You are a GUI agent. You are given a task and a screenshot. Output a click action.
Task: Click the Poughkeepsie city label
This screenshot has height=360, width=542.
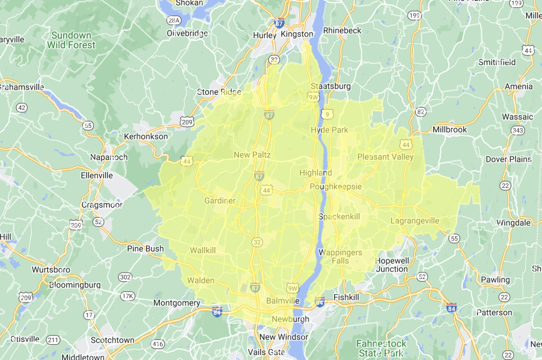pyautogui.click(x=336, y=186)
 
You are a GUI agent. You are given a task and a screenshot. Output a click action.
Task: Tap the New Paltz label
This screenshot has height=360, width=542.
pyautogui.click(x=252, y=155)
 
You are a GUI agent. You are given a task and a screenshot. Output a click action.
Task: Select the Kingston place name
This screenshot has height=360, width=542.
pyautogui.click(x=297, y=34)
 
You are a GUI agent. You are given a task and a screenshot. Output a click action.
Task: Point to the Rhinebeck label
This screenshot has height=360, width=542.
pyautogui.click(x=342, y=30)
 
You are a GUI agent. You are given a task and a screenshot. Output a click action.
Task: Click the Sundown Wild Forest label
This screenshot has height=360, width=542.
pyautogui.click(x=71, y=40)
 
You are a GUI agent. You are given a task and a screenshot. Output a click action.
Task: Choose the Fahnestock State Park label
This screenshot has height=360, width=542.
pyautogui.click(x=381, y=348)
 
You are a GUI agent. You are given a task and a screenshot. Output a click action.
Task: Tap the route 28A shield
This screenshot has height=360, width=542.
pyautogui.click(x=174, y=20)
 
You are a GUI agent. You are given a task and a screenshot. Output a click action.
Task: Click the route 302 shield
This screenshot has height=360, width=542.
pyautogui.click(x=125, y=277)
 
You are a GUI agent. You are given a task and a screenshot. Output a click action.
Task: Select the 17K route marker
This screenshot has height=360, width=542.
pyautogui.click(x=127, y=296)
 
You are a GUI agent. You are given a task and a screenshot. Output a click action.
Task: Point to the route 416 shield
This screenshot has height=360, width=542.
pyautogui.click(x=158, y=344)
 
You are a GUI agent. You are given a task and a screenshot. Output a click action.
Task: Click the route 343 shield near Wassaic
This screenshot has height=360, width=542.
pyautogui.click(x=518, y=130)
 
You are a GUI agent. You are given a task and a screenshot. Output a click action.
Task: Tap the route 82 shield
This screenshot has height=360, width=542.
pyautogui.click(x=420, y=112)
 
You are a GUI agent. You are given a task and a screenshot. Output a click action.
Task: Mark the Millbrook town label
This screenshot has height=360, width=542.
pyautogui.click(x=450, y=130)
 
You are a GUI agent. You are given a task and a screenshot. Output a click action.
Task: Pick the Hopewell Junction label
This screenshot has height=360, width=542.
pyautogui.click(x=392, y=265)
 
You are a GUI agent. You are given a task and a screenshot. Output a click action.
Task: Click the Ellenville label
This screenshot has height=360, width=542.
pyautogui.click(x=97, y=175)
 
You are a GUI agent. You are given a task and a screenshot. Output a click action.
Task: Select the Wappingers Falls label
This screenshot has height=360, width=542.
pyautogui.click(x=340, y=257)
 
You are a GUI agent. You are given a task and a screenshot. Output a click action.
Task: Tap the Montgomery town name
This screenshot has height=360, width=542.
pyautogui.click(x=176, y=303)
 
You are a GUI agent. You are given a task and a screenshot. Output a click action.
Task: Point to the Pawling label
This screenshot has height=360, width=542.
pyautogui.click(x=495, y=280)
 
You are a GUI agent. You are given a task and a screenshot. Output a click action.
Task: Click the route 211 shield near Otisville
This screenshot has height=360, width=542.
pyautogui.click(x=53, y=340)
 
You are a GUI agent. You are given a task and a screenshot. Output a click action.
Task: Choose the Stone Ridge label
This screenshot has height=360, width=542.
pyautogui.click(x=219, y=92)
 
